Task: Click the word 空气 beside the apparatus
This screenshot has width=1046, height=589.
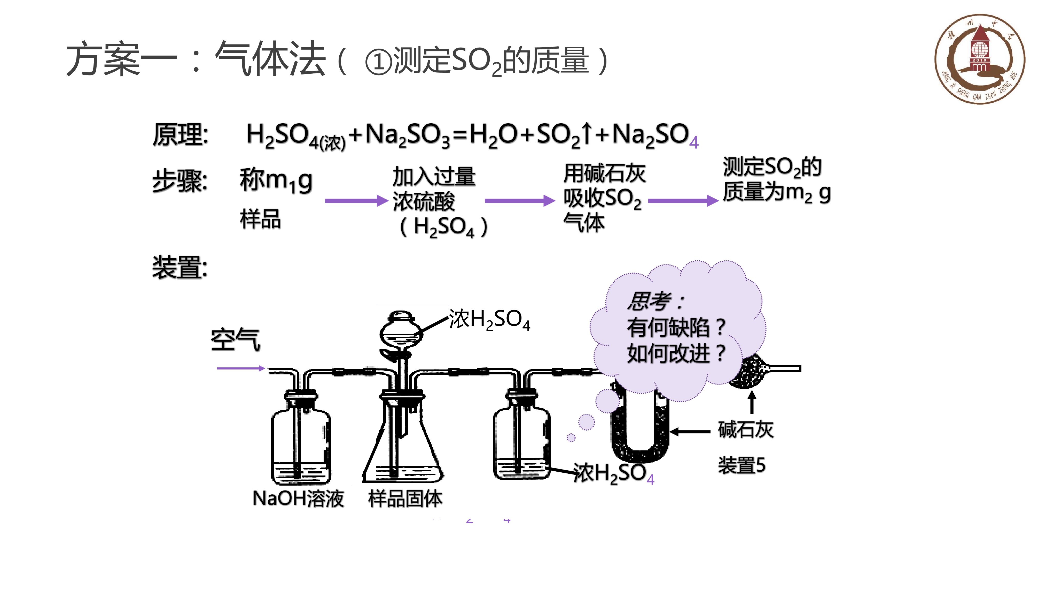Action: tap(236, 340)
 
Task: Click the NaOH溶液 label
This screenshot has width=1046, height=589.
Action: tap(299, 498)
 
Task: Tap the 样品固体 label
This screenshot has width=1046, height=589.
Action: tap(405, 498)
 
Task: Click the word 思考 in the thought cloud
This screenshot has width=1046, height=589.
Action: tap(649, 301)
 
